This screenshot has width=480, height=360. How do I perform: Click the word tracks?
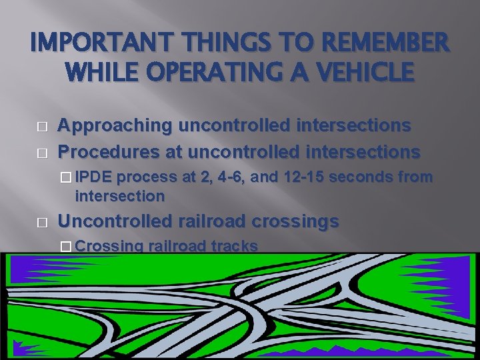coord(234,246)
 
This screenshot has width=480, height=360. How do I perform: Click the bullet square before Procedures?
coord(43,152)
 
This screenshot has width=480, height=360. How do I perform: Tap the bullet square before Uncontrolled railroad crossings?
coord(43,222)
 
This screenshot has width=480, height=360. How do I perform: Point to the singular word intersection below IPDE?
coord(120,196)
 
